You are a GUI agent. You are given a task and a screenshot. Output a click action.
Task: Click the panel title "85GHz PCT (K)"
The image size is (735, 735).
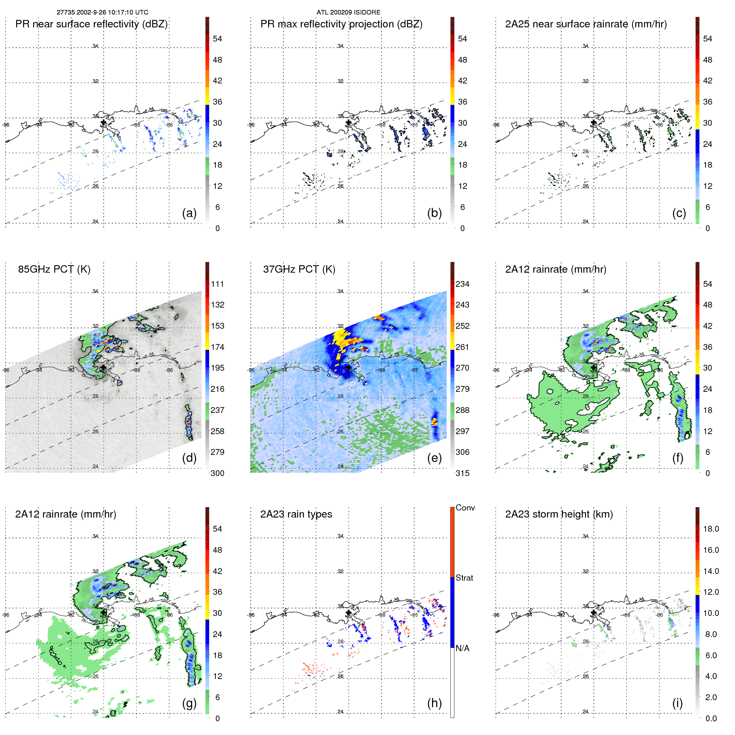point(54,269)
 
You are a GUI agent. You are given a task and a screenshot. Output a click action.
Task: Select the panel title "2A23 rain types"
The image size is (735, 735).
point(296,514)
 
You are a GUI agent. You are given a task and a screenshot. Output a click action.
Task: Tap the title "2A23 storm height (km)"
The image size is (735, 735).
point(559,514)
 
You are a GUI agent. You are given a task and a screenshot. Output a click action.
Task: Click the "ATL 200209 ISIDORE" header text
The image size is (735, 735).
point(348,12)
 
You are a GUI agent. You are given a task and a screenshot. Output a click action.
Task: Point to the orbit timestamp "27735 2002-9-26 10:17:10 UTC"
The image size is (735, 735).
point(103,12)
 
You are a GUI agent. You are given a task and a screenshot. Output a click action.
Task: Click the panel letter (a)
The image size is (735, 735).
point(189,213)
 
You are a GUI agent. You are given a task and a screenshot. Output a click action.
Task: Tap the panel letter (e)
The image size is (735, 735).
point(434,458)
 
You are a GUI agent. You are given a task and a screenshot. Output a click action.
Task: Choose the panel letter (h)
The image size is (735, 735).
point(434,703)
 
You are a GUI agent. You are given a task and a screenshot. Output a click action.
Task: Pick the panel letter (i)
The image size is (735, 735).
point(677,703)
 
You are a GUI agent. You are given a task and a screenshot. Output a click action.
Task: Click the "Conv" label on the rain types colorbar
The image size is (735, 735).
point(465,508)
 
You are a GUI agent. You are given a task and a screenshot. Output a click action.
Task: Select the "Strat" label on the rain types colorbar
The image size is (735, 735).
point(464,578)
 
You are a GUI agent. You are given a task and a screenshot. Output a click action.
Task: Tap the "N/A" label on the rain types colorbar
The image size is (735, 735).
point(462,648)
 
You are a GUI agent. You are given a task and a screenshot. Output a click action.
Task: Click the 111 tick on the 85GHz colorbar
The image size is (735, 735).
point(217,284)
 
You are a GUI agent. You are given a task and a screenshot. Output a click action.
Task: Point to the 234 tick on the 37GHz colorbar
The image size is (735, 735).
point(462,284)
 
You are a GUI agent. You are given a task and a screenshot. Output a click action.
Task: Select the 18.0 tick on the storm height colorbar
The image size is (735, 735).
point(711,529)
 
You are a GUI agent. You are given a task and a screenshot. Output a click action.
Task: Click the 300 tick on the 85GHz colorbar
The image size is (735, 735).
point(217,473)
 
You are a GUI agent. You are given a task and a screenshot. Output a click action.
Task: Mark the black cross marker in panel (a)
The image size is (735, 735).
point(103,122)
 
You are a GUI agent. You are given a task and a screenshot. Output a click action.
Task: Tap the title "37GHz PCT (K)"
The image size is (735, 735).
point(299,269)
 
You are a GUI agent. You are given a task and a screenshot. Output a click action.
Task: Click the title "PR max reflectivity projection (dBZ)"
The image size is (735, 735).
point(341,24)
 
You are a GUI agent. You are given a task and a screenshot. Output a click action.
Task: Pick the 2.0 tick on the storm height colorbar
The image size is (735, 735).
point(711,697)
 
